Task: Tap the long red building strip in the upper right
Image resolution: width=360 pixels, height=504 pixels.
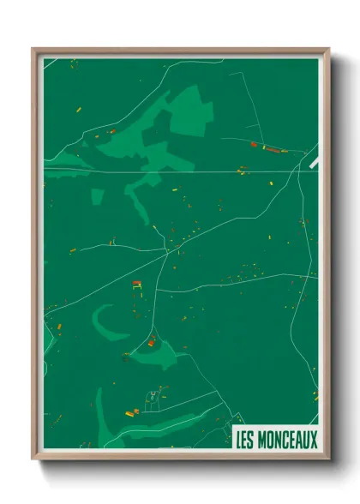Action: pos(273,149)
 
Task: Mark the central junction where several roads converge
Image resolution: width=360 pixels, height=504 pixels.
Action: pos(168,252)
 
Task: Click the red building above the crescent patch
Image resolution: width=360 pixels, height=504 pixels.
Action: pos(136,284)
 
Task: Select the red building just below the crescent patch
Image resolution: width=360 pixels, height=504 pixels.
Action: pos(152,343)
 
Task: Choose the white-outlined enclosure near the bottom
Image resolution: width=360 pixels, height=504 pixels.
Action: pos(153,399)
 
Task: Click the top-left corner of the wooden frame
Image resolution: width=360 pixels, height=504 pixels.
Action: pos(34,50)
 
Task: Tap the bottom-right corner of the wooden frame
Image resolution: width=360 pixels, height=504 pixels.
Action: pos(327,459)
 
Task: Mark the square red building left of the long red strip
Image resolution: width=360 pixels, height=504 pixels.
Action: pos(253,145)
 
